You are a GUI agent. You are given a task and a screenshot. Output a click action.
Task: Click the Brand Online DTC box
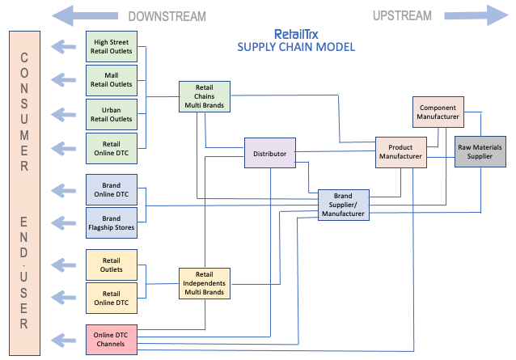click(x=112, y=190)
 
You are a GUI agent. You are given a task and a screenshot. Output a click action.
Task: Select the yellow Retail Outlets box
click(x=112, y=265)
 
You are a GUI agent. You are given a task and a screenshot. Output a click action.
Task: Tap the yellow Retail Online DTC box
click(x=112, y=299)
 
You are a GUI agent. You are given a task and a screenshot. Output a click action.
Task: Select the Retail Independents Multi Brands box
click(x=204, y=283)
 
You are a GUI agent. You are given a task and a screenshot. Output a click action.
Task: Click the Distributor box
click(x=270, y=154)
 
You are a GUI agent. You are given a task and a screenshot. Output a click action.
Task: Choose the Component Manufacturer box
click(x=438, y=112)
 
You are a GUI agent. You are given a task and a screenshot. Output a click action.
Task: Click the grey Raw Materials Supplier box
click(x=480, y=152)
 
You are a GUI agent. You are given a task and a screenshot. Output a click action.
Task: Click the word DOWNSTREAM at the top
click(x=167, y=16)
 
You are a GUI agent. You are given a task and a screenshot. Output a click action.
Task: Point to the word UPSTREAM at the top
click(x=402, y=15)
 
